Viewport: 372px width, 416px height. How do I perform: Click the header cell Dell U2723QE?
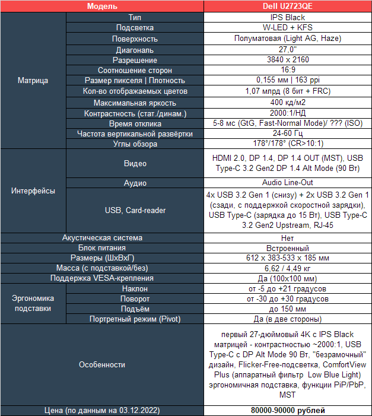(287, 6)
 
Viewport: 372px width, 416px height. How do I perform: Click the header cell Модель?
(102, 6)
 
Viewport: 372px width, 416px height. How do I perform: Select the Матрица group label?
(33, 80)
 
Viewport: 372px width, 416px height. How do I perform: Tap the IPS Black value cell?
(287, 18)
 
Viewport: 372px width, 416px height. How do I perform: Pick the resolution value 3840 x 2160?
(287, 60)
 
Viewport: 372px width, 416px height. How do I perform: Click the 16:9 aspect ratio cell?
(287, 70)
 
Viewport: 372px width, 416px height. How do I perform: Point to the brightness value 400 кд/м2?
(287, 102)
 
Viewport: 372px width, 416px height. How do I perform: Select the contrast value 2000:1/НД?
(287, 113)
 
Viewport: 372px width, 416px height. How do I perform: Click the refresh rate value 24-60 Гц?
(287, 134)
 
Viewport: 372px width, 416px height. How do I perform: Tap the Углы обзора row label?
(135, 144)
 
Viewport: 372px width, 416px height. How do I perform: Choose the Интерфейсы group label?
(33, 191)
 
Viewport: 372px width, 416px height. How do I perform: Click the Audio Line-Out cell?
(287, 183)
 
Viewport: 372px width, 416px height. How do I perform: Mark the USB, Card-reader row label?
(135, 210)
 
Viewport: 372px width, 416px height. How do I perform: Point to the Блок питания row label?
(102, 247)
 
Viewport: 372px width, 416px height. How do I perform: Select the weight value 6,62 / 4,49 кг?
(287, 268)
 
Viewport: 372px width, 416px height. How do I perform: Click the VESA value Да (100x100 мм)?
(287, 278)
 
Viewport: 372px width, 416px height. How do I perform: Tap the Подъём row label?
(135, 309)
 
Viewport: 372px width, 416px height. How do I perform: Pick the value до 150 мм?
(287, 309)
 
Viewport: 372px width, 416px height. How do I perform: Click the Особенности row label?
(102, 364)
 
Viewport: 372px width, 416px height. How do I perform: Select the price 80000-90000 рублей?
(287, 410)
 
